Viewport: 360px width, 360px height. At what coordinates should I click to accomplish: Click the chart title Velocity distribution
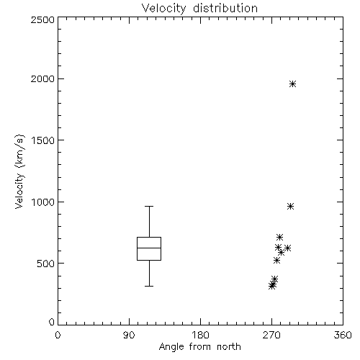click(x=199, y=9)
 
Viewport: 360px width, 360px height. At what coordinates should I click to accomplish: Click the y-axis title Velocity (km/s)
click(x=19, y=171)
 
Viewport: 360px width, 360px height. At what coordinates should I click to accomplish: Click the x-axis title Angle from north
click(x=199, y=347)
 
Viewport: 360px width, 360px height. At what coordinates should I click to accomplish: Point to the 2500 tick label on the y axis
click(x=42, y=19)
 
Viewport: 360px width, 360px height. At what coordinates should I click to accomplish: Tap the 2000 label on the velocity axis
click(x=42, y=78)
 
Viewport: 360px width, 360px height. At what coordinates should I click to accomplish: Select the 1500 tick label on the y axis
click(x=43, y=140)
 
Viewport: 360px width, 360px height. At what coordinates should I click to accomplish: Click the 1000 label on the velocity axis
click(x=43, y=202)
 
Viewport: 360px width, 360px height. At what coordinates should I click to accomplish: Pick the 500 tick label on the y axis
click(x=46, y=264)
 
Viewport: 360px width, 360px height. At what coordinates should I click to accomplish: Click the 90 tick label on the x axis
click(x=129, y=335)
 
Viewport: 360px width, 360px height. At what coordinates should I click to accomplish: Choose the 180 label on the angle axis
click(x=200, y=335)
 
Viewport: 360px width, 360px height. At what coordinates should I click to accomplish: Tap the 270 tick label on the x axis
click(x=271, y=335)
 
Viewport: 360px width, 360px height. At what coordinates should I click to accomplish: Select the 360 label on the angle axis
click(x=343, y=335)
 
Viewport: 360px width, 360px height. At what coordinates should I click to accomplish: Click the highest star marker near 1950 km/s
click(x=292, y=84)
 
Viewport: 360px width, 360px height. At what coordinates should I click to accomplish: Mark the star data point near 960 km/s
click(x=290, y=207)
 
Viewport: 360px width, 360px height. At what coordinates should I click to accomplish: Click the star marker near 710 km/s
click(x=279, y=238)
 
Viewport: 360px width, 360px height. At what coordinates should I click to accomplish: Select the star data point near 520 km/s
click(x=276, y=260)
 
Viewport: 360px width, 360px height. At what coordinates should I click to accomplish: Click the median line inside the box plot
click(x=149, y=248)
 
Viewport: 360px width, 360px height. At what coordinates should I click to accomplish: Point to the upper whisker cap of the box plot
click(x=149, y=206)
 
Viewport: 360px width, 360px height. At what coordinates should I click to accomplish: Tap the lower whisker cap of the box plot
click(x=149, y=286)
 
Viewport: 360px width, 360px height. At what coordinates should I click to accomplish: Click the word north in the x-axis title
click(x=229, y=347)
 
